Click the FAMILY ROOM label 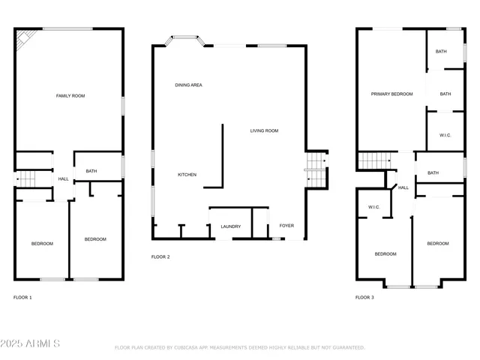(70, 96)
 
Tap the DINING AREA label (188, 85)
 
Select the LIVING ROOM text (264, 130)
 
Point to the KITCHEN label (187, 175)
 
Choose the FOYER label (286, 226)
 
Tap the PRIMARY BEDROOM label (392, 94)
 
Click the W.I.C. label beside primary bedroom (445, 135)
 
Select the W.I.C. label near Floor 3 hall (373, 207)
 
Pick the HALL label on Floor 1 (63, 178)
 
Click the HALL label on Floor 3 (403, 187)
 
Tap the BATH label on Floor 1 (91, 171)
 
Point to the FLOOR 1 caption (22, 298)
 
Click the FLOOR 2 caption (160, 257)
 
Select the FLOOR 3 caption (364, 298)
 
